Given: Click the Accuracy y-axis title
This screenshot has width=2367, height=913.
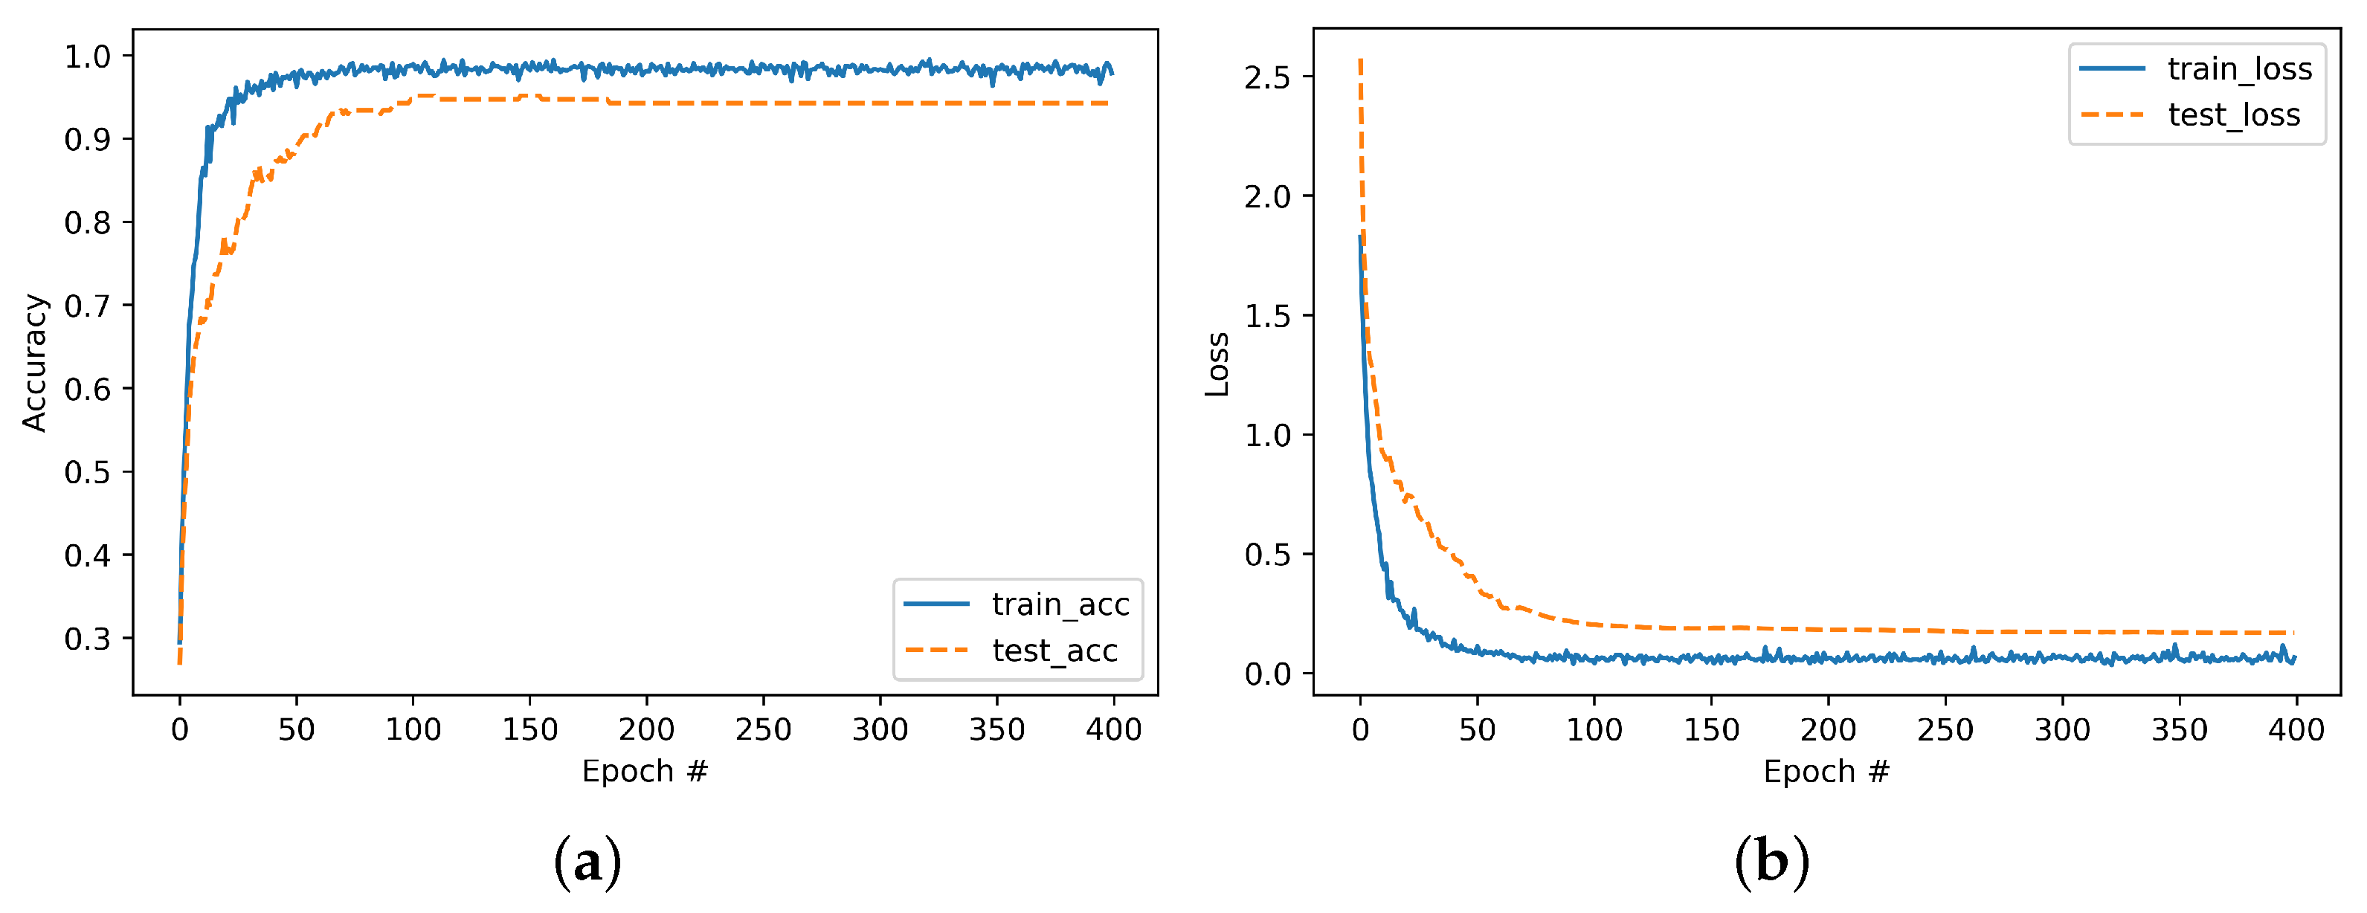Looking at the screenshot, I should click(34, 362).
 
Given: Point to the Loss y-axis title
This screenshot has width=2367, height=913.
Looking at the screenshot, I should click(1217, 364).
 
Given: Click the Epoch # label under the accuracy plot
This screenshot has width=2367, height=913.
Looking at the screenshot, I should click(645, 771).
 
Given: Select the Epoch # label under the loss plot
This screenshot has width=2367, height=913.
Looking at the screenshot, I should click(1826, 771).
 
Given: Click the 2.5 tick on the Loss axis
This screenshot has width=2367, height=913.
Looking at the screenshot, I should click(1267, 77).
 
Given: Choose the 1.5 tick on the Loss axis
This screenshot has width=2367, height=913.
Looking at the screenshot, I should click(1267, 316).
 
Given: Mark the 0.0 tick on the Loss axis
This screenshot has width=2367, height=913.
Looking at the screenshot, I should click(1267, 674).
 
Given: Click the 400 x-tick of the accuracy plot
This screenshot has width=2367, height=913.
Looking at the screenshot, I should click(1114, 730).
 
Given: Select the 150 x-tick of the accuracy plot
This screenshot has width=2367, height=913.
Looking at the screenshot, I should click(530, 730).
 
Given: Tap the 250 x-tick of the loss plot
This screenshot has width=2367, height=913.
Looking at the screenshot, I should click(1945, 730).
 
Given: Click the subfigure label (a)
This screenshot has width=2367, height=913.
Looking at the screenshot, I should click(587, 862).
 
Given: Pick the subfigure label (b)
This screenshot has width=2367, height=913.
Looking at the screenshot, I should click(1771, 862).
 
